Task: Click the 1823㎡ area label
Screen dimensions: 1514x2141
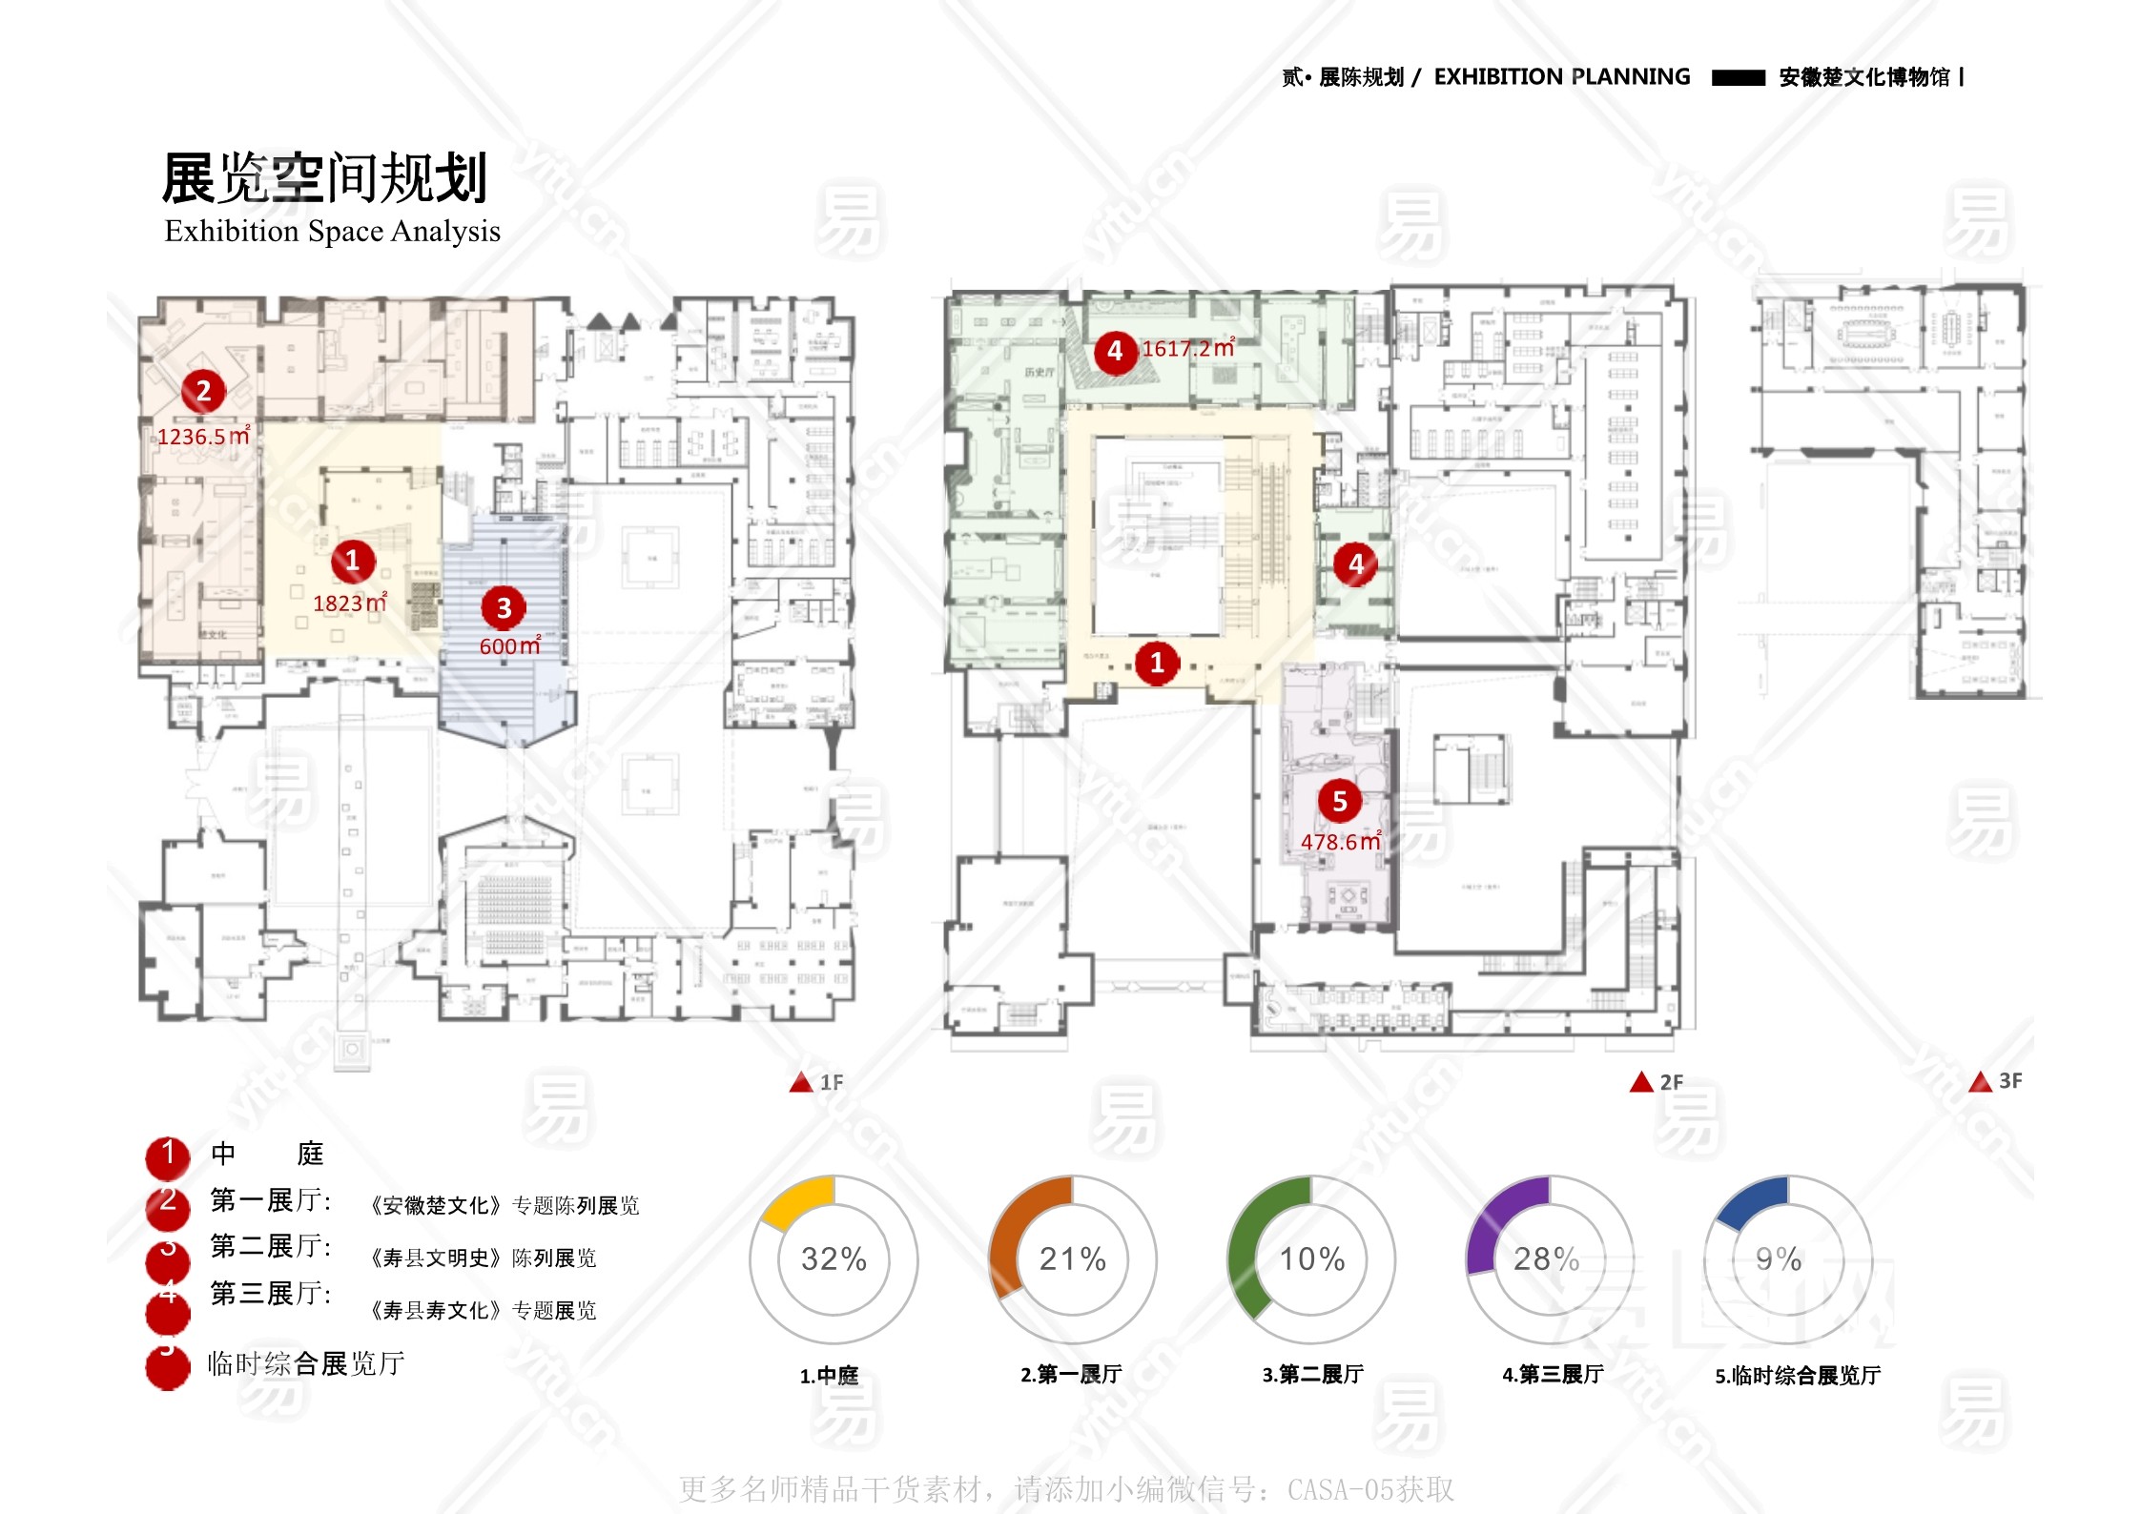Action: pyautogui.click(x=349, y=604)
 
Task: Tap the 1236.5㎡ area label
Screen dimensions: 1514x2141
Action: pyautogui.click(x=203, y=437)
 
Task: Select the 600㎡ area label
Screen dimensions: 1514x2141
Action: pyautogui.click(x=509, y=645)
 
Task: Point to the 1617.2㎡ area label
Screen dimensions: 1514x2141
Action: pyautogui.click(x=1187, y=349)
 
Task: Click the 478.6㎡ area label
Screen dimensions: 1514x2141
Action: pyautogui.click(x=1340, y=842)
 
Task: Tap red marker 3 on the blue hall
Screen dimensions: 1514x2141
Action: pyautogui.click(x=504, y=607)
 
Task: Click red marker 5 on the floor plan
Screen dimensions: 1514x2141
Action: pyautogui.click(x=1339, y=802)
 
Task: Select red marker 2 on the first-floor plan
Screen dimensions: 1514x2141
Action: pyautogui.click(x=203, y=391)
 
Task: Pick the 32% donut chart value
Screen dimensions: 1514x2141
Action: pyautogui.click(x=834, y=1259)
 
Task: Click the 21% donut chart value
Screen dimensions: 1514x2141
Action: pyautogui.click(x=1073, y=1259)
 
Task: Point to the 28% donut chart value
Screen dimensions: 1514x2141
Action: pyautogui.click(x=1547, y=1259)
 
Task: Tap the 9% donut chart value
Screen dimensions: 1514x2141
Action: pyautogui.click(x=1779, y=1259)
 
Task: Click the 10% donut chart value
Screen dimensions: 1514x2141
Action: pyautogui.click(x=1312, y=1259)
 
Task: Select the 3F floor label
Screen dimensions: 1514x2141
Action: pyautogui.click(x=2010, y=1081)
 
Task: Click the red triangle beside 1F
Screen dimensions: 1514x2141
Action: pyautogui.click(x=801, y=1082)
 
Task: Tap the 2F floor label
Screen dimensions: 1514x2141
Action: pyautogui.click(x=1671, y=1082)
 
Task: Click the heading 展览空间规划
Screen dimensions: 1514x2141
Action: pyautogui.click(x=324, y=178)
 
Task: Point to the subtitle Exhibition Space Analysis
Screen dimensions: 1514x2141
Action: pyautogui.click(x=332, y=231)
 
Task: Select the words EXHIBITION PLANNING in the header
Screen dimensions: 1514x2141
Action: pyautogui.click(x=1561, y=77)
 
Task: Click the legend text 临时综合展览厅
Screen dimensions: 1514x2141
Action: pyautogui.click(x=306, y=1363)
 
